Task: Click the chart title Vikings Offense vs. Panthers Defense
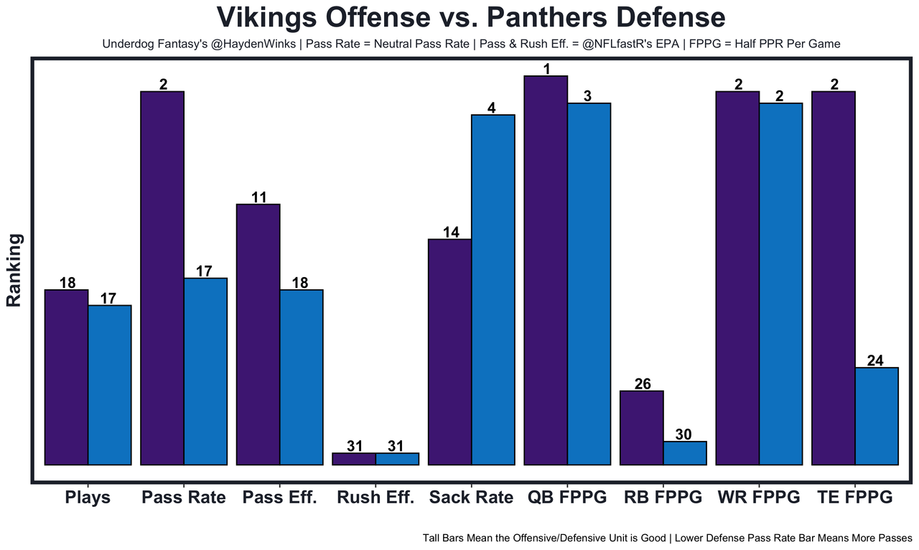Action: pyautogui.click(x=471, y=17)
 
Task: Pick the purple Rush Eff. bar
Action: pyautogui.click(x=354, y=459)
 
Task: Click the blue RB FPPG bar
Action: pyautogui.click(x=685, y=453)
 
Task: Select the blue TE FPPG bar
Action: pyautogui.click(x=877, y=416)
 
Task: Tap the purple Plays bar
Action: pyautogui.click(x=66, y=377)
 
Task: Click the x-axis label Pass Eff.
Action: pyautogui.click(x=279, y=498)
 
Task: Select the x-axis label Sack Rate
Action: pyautogui.click(x=471, y=498)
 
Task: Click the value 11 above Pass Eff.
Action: pyautogui.click(x=258, y=197)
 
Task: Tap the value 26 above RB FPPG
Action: pyautogui.click(x=642, y=383)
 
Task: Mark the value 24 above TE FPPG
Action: pyautogui.click(x=875, y=360)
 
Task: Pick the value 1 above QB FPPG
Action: pyautogui.click(x=546, y=69)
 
